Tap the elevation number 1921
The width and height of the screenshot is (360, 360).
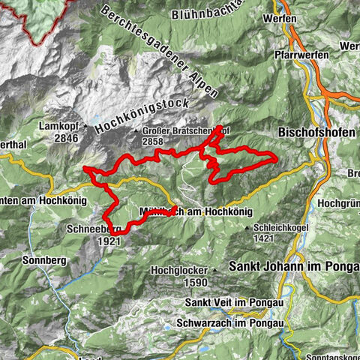pos(109,242)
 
